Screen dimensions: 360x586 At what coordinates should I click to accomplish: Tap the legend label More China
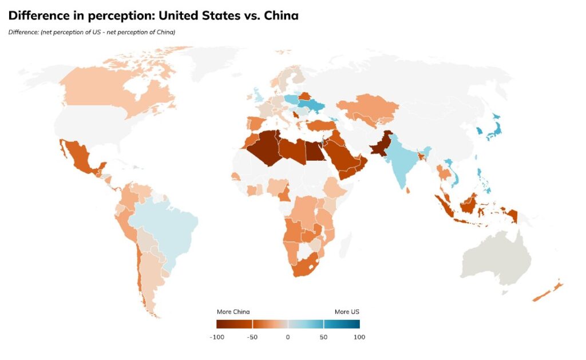coord(233,312)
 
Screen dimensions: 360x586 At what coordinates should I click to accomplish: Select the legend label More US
coord(347,312)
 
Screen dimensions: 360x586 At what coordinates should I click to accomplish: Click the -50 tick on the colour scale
coord(252,337)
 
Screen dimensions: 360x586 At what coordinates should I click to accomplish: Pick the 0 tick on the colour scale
coord(288,337)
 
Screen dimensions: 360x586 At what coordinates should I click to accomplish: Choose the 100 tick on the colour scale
coord(359,337)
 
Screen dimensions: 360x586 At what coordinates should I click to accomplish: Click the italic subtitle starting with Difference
coord(92,32)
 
